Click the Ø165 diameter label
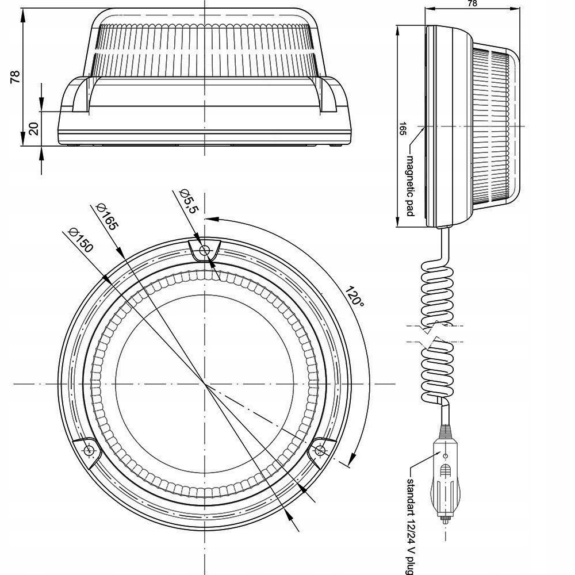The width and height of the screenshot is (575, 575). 107,216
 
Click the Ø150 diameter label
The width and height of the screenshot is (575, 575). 79,240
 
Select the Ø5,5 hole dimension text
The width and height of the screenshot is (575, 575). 189,201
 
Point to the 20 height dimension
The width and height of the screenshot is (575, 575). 33,128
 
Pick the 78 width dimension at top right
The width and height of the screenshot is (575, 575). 473,3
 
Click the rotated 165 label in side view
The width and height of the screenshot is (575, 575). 403,128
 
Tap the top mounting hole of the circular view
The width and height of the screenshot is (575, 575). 204,251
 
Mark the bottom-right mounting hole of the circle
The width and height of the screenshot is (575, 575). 321,450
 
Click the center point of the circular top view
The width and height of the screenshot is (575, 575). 205,382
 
